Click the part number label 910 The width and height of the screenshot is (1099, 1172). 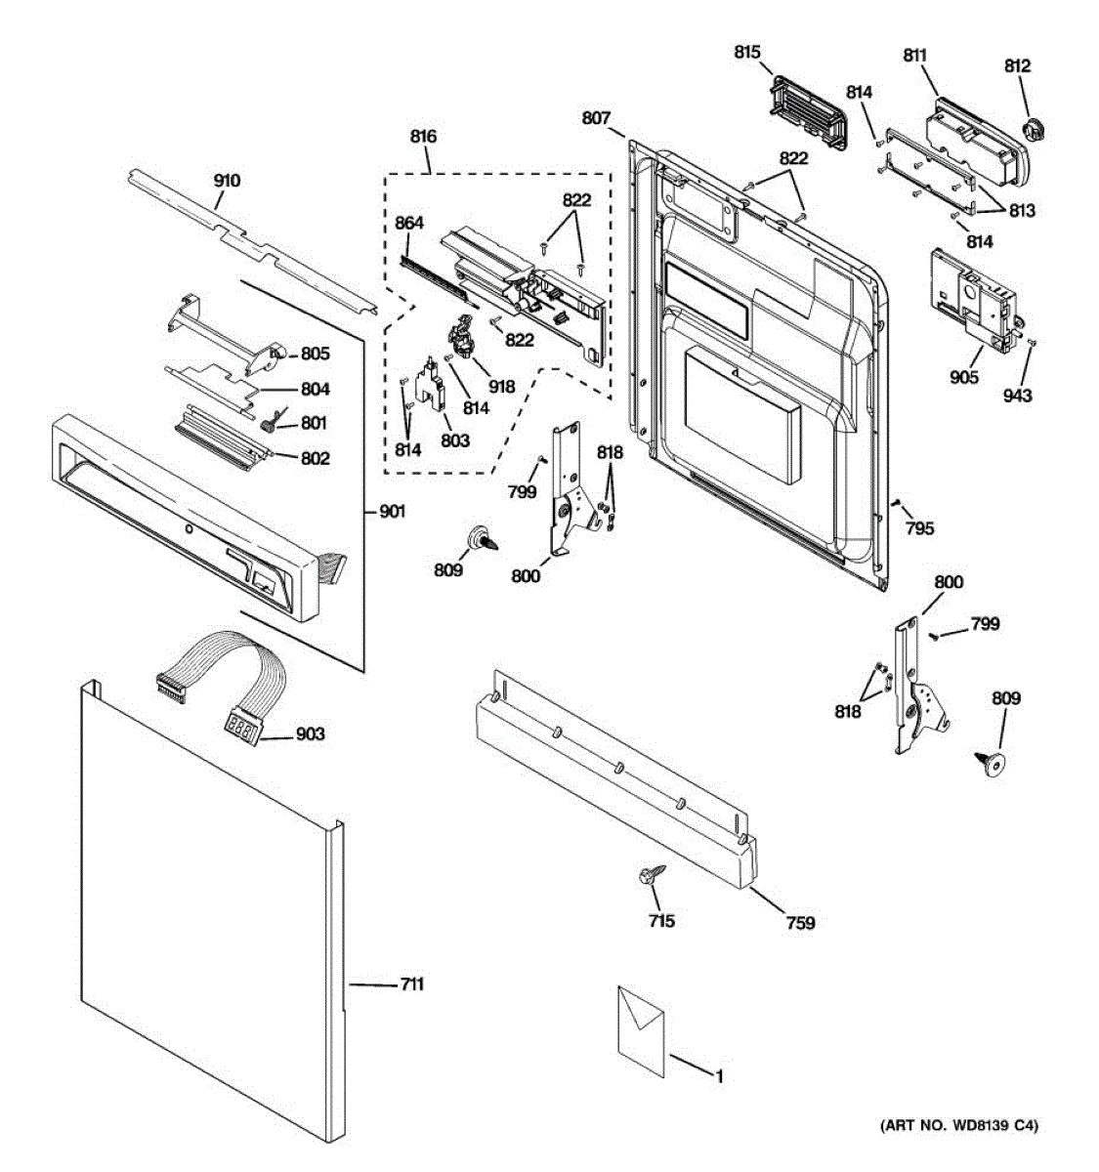pyautogui.click(x=227, y=181)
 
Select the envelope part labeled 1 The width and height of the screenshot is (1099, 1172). pyautogui.click(x=641, y=1031)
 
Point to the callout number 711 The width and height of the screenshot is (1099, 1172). pyautogui.click(x=412, y=985)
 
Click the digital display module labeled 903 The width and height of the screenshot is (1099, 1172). pyautogui.click(x=242, y=725)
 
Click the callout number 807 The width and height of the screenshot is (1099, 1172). pyautogui.click(x=596, y=118)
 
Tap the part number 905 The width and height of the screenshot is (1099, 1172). pyautogui.click(x=963, y=377)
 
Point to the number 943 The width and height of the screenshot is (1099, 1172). pyautogui.click(x=1017, y=396)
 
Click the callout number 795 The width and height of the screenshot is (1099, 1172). pyautogui.click(x=919, y=528)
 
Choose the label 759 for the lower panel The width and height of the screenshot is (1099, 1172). pyautogui.click(x=800, y=922)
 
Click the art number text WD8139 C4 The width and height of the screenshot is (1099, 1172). pyautogui.click(x=960, y=1127)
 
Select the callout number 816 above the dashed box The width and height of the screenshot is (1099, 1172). pyautogui.click(x=423, y=137)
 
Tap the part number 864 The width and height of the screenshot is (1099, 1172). pyautogui.click(x=409, y=224)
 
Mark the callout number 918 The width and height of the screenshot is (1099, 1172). pyautogui.click(x=501, y=387)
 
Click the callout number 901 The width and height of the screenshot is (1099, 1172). pyautogui.click(x=393, y=512)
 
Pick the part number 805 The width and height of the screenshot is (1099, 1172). pyautogui.click(x=315, y=354)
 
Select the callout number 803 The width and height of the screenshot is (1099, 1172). pyautogui.click(x=455, y=440)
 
